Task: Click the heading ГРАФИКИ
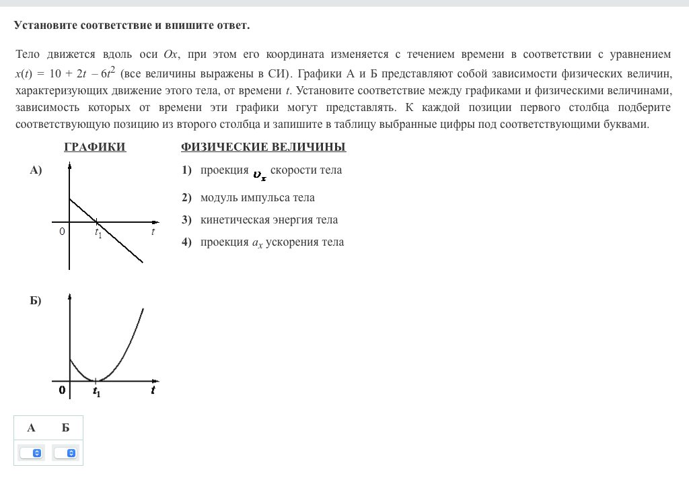click(95, 147)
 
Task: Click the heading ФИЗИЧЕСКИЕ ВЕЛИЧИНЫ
click(263, 147)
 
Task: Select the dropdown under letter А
click(31, 453)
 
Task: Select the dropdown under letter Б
click(66, 453)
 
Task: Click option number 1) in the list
click(187, 170)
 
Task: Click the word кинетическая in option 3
click(235, 220)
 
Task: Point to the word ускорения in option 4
click(287, 242)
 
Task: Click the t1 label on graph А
click(98, 233)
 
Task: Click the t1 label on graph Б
click(97, 391)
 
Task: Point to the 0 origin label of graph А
click(62, 232)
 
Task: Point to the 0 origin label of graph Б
click(62, 390)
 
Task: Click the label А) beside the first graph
click(36, 170)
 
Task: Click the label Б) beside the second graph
click(35, 300)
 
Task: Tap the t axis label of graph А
click(153, 232)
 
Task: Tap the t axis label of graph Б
click(153, 390)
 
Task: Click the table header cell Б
click(65, 427)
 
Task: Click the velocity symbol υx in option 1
click(259, 174)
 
